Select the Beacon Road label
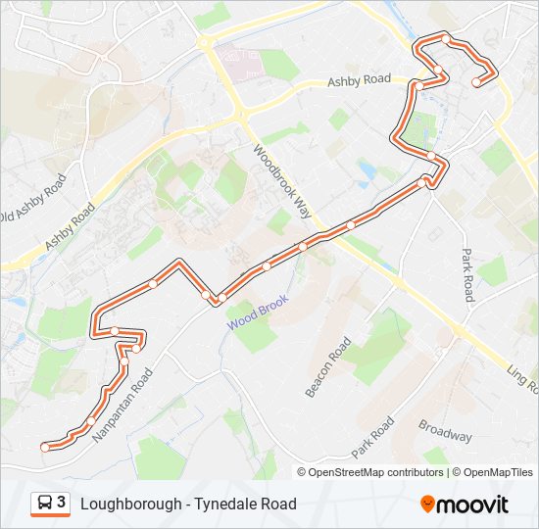pyautogui.click(x=328, y=368)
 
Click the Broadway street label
pyautogui.click(x=445, y=431)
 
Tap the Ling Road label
pyautogui.click(x=521, y=381)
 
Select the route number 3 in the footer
pyautogui.click(x=62, y=504)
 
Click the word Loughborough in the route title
pyautogui.click(x=129, y=505)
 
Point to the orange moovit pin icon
pyautogui.click(x=427, y=505)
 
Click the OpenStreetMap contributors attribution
pyautogui.click(x=376, y=472)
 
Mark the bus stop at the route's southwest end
pyautogui.click(x=44, y=447)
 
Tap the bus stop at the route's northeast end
pyautogui.click(x=475, y=83)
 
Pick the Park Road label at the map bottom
pyautogui.click(x=372, y=438)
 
